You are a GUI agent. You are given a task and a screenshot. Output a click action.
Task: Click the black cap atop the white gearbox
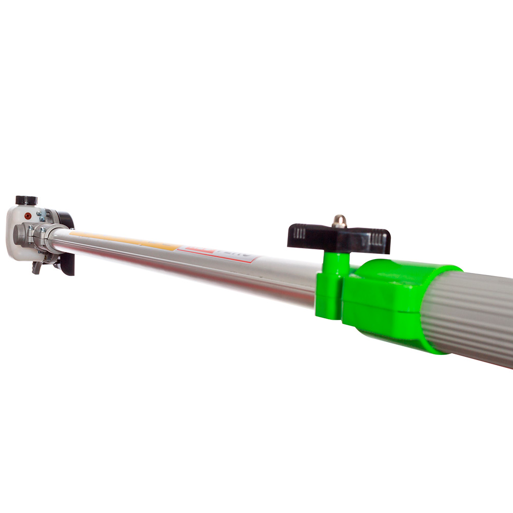(x=26, y=200)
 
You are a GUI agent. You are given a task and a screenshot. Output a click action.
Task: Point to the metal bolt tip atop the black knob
(x=339, y=221)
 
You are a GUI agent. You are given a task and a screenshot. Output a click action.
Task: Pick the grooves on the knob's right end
(x=379, y=239)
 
